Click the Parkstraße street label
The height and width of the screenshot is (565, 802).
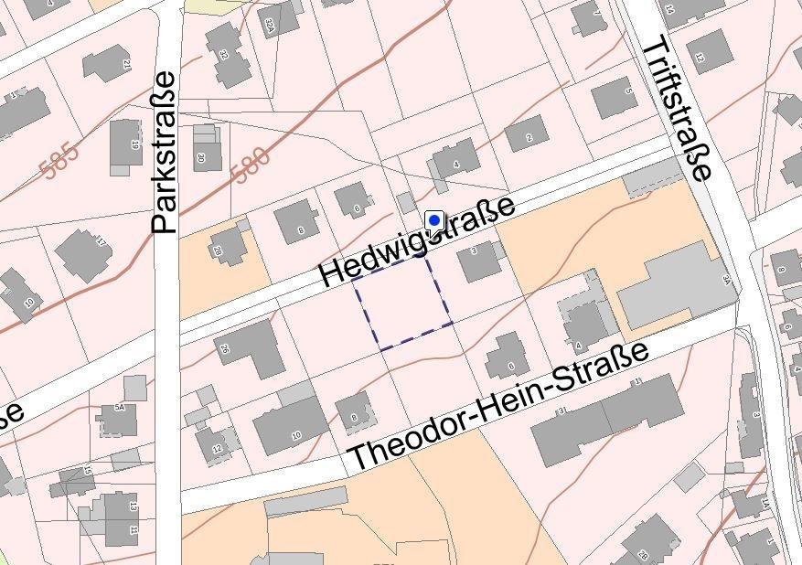coord(165,153)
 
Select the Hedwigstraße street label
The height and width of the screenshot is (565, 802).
coord(417,242)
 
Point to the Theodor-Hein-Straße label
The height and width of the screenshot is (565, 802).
coord(499,406)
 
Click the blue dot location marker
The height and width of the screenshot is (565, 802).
coord(434,220)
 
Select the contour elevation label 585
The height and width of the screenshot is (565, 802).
coord(60,161)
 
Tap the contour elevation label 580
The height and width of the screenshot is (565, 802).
coord(251,165)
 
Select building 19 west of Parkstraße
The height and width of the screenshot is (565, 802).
coord(125,144)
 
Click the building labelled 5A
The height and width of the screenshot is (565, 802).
coord(118,418)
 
